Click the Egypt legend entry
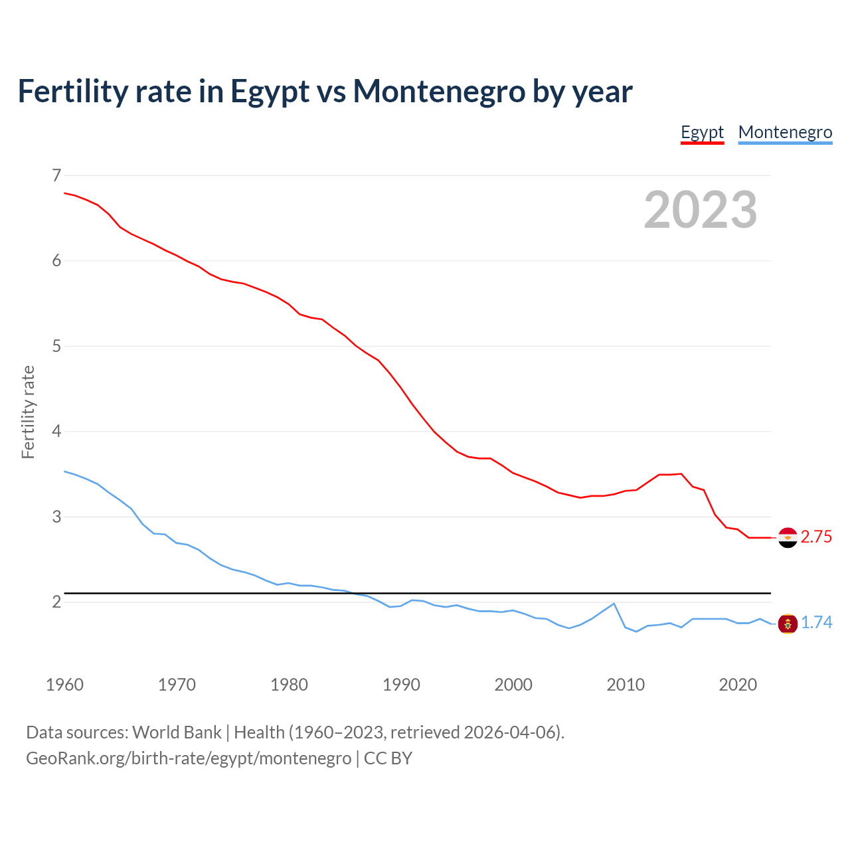tap(702, 132)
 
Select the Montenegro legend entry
tap(785, 132)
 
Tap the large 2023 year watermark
tap(701, 210)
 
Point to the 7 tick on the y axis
tap(56, 175)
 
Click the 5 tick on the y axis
tap(56, 346)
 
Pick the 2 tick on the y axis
tap(56, 602)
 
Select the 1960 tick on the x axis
tap(64, 685)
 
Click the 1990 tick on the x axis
tap(401, 685)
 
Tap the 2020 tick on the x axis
tap(738, 685)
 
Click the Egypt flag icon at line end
tap(788, 537)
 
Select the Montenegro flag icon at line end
tap(788, 624)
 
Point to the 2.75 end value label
tap(816, 537)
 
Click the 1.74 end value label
tap(816, 623)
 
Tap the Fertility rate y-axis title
tap(28, 412)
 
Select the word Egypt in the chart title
tap(270, 92)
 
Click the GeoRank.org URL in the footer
tap(189, 758)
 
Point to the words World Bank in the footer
tap(177, 732)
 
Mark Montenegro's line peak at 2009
tap(614, 604)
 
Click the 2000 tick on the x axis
tap(513, 685)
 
